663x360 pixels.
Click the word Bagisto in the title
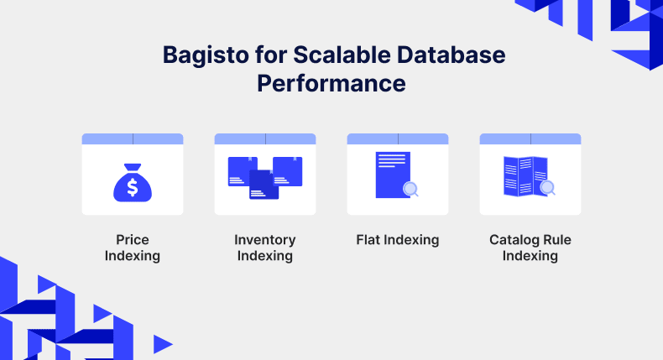click(206, 56)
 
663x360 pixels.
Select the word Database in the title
click(452, 55)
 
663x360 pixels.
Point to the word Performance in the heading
click(331, 83)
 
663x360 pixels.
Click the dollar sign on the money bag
click(133, 187)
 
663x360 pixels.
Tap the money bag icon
click(133, 183)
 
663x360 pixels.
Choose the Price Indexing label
click(133, 248)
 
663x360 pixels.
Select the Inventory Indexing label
click(265, 248)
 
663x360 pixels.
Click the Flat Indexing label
click(398, 240)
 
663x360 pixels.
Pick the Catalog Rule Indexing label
click(530, 248)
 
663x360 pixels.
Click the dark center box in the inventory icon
click(264, 185)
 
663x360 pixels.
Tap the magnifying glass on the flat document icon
click(410, 189)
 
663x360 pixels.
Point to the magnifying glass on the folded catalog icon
click(547, 187)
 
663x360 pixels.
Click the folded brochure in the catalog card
click(525, 176)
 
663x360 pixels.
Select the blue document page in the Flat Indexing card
click(393, 175)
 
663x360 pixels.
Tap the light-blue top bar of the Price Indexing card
click(133, 138)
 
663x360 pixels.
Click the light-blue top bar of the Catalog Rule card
click(530, 138)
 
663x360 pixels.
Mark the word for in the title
click(270, 55)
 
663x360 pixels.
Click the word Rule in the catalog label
click(557, 240)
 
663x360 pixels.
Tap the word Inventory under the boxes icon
click(265, 240)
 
